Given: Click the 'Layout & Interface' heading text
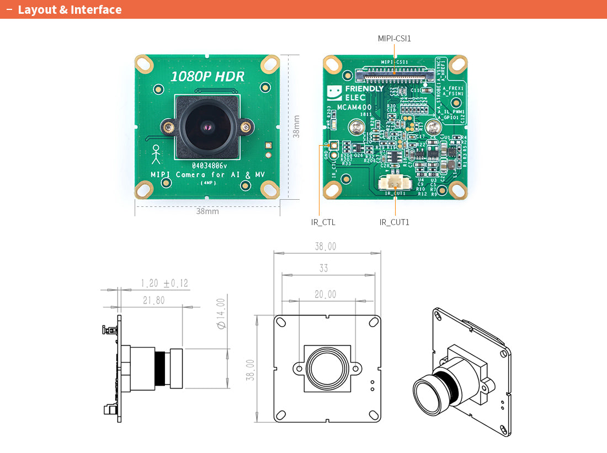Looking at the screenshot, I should [70, 10].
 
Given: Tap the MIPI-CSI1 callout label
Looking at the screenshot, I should [394, 39].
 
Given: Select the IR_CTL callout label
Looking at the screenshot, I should [323, 222].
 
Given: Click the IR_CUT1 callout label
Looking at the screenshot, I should [394, 222].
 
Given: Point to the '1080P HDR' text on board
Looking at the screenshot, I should [207, 77].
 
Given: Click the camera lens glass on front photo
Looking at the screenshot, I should [206, 127].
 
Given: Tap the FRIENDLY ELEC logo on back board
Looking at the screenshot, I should [356, 93].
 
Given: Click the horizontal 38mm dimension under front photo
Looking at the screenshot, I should [207, 211].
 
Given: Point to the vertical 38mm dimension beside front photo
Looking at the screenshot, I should [296, 126].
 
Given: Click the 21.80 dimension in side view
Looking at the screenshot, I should [153, 301].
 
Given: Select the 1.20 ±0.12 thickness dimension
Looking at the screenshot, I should [164, 284].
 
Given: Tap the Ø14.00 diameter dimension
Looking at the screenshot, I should [221, 314].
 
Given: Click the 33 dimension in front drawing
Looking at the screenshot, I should [323, 268].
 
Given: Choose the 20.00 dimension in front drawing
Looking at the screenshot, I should [325, 295].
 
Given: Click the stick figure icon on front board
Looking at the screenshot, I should [156, 154].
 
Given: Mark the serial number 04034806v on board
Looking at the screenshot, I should [209, 166].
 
